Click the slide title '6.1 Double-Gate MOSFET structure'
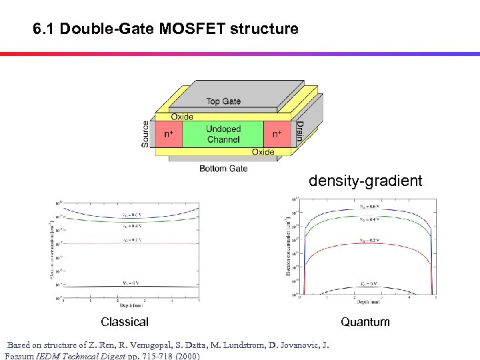tap(165, 29)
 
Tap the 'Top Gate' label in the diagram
tap(223, 101)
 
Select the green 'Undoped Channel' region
tap(223, 134)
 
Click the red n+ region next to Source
tap(169, 134)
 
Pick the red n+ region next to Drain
tap(277, 134)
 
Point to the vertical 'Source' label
tap(147, 134)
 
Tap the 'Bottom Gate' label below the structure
tap(223, 169)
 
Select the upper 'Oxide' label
tap(182, 117)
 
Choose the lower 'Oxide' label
tap(263, 152)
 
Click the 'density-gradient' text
tap(365, 181)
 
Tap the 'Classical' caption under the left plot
tap(125, 322)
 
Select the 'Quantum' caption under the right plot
tap(365, 322)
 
